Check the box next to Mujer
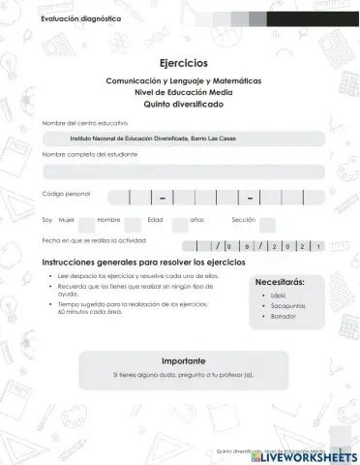[x=86, y=222]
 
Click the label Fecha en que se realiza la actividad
[x=94, y=239]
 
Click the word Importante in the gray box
[x=183, y=359]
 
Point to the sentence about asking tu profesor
[x=183, y=374]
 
